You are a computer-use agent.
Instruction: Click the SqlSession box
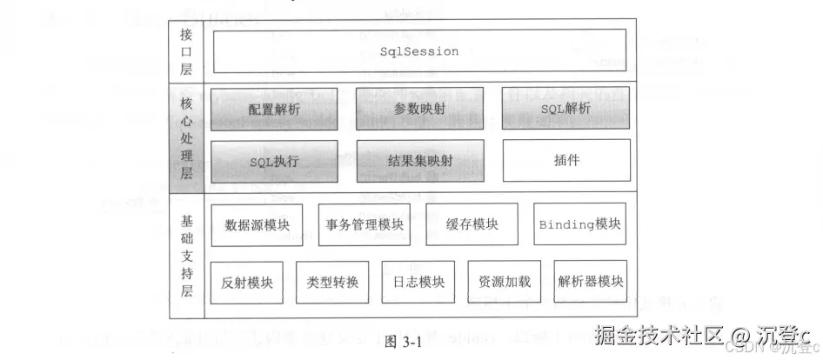coord(419,52)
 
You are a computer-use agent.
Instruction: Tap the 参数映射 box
coord(419,109)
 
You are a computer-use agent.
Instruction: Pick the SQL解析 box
coord(565,109)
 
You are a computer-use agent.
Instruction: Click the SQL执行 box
coord(273,161)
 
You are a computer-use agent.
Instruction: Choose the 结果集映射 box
coord(419,161)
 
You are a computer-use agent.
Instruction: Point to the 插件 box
coord(566,161)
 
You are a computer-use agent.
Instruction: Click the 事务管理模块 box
coord(365,224)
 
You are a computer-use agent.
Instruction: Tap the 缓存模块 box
coord(472,224)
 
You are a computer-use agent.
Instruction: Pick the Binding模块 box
coord(580,224)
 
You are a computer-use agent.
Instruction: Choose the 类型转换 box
coord(332,282)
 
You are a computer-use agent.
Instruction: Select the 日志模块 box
coord(418,282)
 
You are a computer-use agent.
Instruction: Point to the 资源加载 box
coord(505,282)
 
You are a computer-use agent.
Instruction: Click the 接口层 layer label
coord(185,52)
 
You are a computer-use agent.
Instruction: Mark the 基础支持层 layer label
coord(185,254)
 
